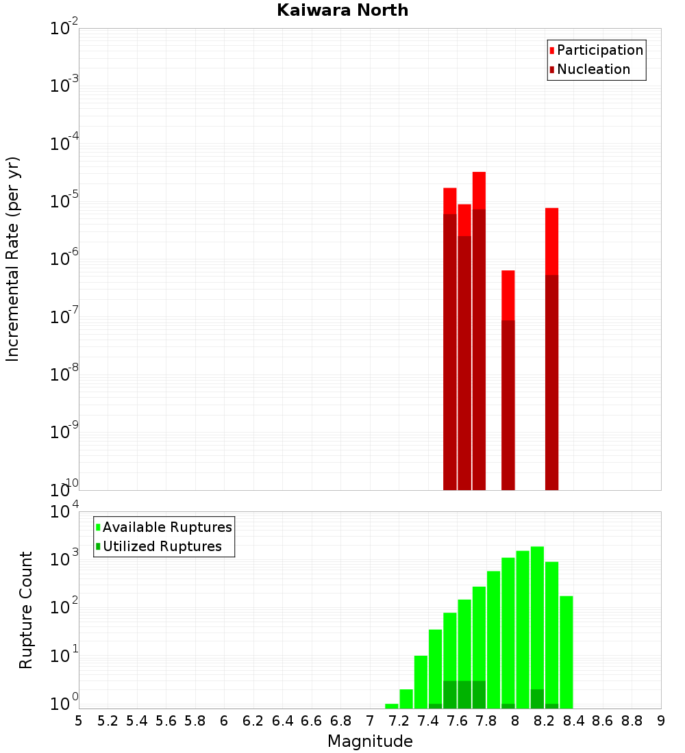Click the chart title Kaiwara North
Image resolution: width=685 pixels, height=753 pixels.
tap(342, 10)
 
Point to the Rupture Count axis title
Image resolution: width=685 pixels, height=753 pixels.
tap(26, 610)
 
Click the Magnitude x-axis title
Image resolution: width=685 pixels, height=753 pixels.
tap(370, 741)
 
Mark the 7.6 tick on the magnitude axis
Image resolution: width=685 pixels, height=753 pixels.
tap(457, 721)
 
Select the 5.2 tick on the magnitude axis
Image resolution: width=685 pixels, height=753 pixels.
tap(108, 721)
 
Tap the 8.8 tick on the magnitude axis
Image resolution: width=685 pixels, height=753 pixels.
tap(632, 721)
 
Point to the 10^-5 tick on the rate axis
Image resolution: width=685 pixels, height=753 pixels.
tap(65, 201)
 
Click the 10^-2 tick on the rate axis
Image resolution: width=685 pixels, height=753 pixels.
tap(65, 29)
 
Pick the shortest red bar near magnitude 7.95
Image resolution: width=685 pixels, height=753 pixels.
tap(508, 294)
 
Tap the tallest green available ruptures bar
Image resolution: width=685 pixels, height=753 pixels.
tap(537, 616)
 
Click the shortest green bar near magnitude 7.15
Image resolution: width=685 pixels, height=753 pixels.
tap(392, 706)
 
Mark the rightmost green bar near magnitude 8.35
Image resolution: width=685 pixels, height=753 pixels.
tap(566, 650)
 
